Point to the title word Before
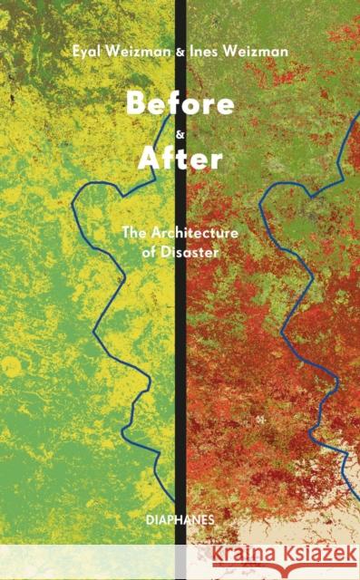point(180,102)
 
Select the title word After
point(180,159)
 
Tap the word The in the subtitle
point(133,231)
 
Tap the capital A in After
point(148,159)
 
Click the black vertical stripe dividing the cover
point(180,362)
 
